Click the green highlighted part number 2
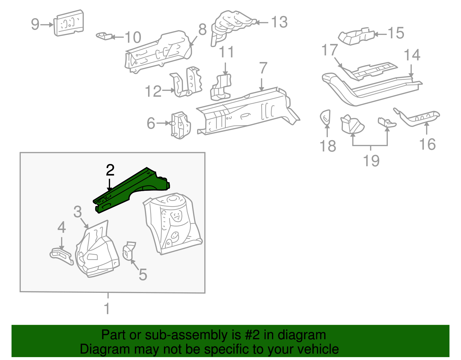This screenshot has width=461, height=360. tap(130, 190)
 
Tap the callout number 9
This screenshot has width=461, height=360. tap(35, 24)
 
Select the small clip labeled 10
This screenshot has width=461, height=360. tap(103, 36)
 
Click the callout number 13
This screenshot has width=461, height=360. tap(279, 22)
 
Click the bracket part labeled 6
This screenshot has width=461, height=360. tap(181, 125)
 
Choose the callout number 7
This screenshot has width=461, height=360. tap(263, 68)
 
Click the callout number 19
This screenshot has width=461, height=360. tap(371, 161)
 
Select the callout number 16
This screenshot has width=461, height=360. tap(427, 144)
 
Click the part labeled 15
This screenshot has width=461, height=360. tap(356, 36)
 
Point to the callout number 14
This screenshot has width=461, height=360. tap(412, 55)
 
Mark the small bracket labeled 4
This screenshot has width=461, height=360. tap(61, 255)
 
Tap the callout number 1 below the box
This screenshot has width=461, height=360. tap(107, 309)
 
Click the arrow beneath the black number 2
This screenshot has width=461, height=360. tap(109, 184)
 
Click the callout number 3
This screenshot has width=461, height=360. tap(78, 212)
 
